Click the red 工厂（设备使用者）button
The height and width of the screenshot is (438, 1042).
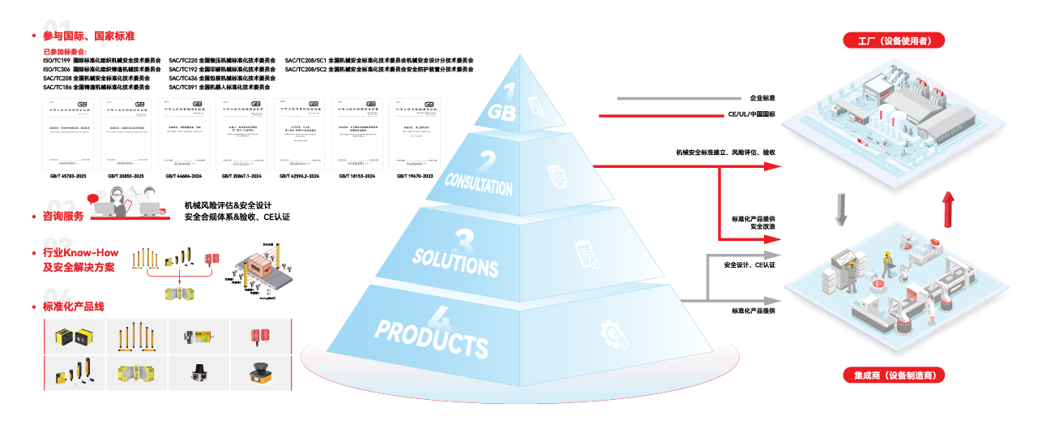[894, 41]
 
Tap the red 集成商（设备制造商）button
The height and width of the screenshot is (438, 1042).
[894, 376]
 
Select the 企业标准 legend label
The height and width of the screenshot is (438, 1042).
[762, 97]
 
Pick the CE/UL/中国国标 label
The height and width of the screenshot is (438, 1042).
[751, 114]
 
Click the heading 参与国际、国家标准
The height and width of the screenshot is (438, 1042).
[88, 36]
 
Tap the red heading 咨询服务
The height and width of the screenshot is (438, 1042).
[63, 216]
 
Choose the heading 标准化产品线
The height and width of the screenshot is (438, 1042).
[73, 307]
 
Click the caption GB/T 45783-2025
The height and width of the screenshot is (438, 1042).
[68, 176]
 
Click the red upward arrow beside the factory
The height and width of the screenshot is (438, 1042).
[946, 210]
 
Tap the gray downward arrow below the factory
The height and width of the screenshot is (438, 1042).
[841, 209]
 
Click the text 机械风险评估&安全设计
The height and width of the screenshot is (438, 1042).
[228, 205]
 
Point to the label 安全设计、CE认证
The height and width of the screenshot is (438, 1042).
[749, 264]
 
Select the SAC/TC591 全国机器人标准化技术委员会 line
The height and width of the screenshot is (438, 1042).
[220, 87]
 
